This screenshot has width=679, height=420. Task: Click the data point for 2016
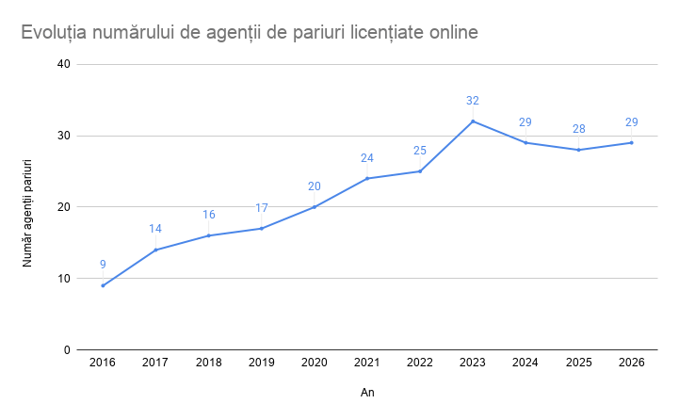tap(103, 285)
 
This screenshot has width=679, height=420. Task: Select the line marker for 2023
tap(473, 121)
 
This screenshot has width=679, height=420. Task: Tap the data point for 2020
tap(315, 207)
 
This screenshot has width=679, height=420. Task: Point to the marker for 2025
tap(578, 150)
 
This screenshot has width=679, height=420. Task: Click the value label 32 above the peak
tap(473, 101)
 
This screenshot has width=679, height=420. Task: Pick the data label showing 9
tap(103, 265)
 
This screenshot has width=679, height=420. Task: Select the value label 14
tap(155, 229)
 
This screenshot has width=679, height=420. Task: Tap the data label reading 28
tap(578, 129)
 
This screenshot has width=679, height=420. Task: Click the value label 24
tap(367, 157)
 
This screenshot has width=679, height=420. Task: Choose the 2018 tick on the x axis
tap(208, 363)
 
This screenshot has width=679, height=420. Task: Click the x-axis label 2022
tap(420, 363)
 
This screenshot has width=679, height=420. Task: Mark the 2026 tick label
tap(631, 363)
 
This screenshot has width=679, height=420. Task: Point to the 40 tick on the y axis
tap(63, 64)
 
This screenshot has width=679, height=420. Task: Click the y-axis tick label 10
tap(63, 279)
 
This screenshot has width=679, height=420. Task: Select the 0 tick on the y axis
tap(67, 350)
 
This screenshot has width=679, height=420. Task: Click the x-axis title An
tap(367, 391)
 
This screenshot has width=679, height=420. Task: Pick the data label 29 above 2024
tap(525, 122)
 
